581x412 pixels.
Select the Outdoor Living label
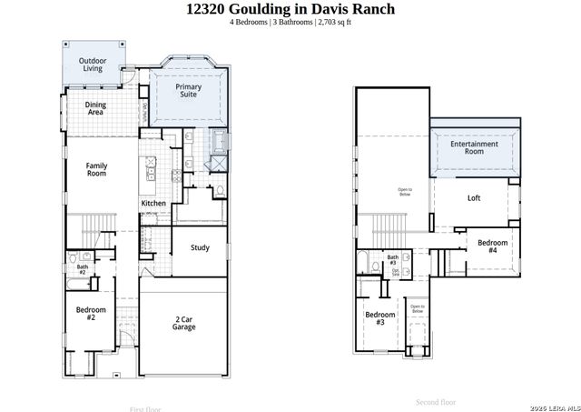92,65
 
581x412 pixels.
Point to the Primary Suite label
189,89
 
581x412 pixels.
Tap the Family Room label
98,170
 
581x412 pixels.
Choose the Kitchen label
153,203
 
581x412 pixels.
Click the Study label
200,247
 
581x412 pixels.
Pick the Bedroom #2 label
91,314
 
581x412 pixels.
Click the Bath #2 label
81,269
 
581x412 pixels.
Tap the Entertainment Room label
474,148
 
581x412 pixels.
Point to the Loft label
474,197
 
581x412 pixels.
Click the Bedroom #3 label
380,318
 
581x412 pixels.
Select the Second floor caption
436,401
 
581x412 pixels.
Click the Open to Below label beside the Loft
405,192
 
